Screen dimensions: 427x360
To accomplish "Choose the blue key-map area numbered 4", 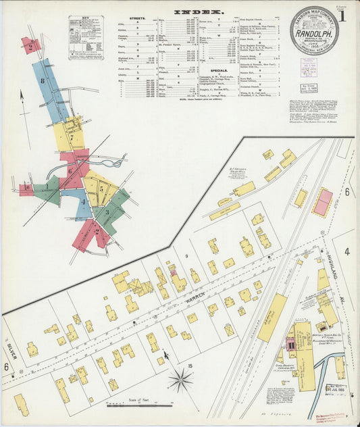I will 83,202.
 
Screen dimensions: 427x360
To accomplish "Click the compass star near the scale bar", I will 180,380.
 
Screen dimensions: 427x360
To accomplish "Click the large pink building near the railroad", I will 323,202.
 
